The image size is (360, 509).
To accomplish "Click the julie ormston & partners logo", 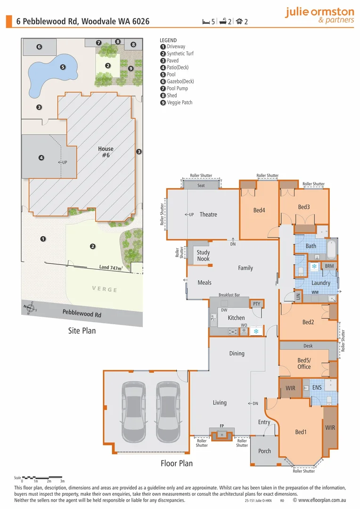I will (319, 15).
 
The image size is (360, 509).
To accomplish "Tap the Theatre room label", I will (208, 214).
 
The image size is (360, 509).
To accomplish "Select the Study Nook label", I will (203, 255).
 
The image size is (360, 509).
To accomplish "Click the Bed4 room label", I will (259, 210).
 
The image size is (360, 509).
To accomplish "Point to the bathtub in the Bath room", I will (331, 250).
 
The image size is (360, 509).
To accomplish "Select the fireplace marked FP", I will (221, 434).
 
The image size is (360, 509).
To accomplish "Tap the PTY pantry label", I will (256, 304).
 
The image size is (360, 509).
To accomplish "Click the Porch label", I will (265, 451).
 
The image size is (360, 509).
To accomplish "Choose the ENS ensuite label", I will (317, 387).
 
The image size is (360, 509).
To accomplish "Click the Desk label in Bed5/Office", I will (308, 346).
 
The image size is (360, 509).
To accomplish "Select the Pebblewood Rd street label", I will (82, 314).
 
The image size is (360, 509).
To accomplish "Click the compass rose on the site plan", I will (31, 309).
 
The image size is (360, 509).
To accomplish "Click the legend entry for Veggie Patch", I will (180, 102).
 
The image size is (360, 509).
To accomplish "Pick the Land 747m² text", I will (111, 267).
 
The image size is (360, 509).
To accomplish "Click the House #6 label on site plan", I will (106, 152).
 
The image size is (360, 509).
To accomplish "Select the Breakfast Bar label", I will (229, 295).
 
